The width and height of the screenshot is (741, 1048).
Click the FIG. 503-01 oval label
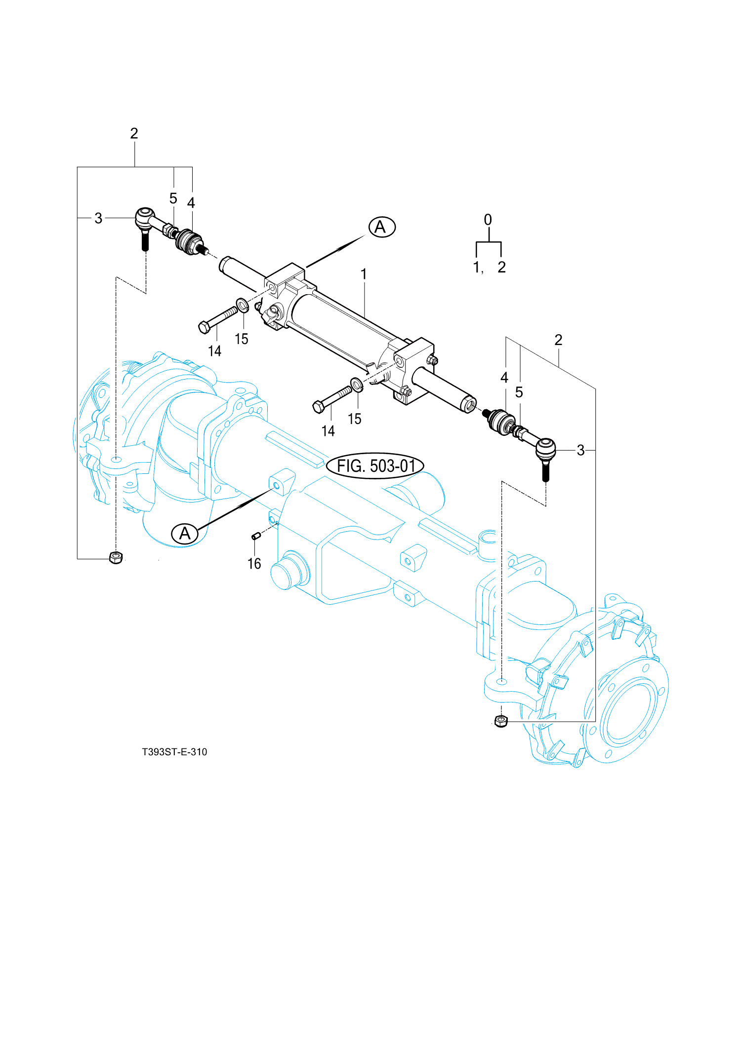[x=375, y=466]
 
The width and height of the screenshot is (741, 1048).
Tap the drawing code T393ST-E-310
[x=174, y=752]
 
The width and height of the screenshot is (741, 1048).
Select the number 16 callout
[x=254, y=563]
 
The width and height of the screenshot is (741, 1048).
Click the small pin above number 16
[x=255, y=536]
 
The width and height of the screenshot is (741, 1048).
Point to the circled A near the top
[x=382, y=227]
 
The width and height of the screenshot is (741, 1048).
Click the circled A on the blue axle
[x=185, y=533]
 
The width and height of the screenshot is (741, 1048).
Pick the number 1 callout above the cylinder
[x=364, y=274]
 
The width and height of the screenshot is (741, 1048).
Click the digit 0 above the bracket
[x=488, y=220]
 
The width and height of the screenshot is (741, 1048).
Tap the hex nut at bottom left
[x=116, y=557]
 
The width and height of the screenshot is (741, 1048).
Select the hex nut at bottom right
[x=501, y=721]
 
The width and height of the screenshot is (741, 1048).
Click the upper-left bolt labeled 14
[x=217, y=319]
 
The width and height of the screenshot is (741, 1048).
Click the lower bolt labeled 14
[x=332, y=399]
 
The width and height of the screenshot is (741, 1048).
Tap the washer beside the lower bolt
[x=357, y=384]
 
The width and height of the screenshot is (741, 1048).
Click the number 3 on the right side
[x=580, y=450]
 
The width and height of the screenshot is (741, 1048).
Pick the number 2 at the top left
[x=134, y=133]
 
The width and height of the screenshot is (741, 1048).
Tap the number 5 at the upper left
[x=173, y=198]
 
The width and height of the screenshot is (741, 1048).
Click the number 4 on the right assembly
[x=504, y=378]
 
